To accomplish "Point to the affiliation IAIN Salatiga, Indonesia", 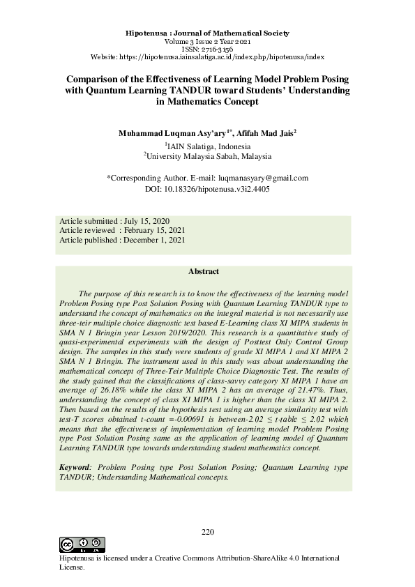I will [x=207, y=146].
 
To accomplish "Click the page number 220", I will [x=207, y=533].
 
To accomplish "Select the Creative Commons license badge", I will [x=82, y=545].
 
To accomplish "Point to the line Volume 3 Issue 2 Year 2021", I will [x=207, y=41].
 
